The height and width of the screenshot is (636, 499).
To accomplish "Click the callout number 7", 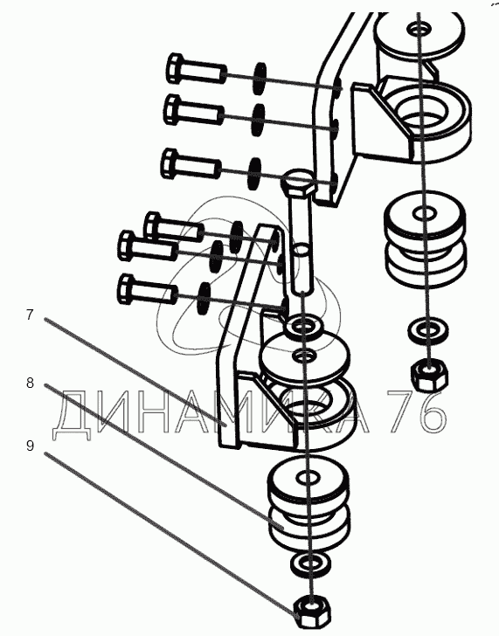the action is pyautogui.click(x=29, y=315).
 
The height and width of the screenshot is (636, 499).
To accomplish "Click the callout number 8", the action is pyautogui.click(x=30, y=383).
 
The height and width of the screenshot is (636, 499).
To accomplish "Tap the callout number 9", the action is pyautogui.click(x=30, y=446).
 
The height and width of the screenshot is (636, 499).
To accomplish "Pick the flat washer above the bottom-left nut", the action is pyautogui.click(x=310, y=563).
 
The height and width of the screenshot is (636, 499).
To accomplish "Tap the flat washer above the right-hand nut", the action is pyautogui.click(x=427, y=330).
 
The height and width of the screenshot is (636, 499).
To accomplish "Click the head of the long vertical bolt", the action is pyautogui.click(x=298, y=182).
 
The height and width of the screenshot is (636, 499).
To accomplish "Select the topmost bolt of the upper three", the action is pyautogui.click(x=197, y=69).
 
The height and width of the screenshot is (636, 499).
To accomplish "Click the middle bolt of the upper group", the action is pyautogui.click(x=194, y=110).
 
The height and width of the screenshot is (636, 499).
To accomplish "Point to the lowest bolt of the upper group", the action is pyautogui.click(x=191, y=164).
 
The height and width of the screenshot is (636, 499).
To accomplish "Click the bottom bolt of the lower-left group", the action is pyautogui.click(x=148, y=289).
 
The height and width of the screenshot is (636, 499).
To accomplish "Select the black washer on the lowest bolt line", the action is pyautogui.click(x=204, y=298).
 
